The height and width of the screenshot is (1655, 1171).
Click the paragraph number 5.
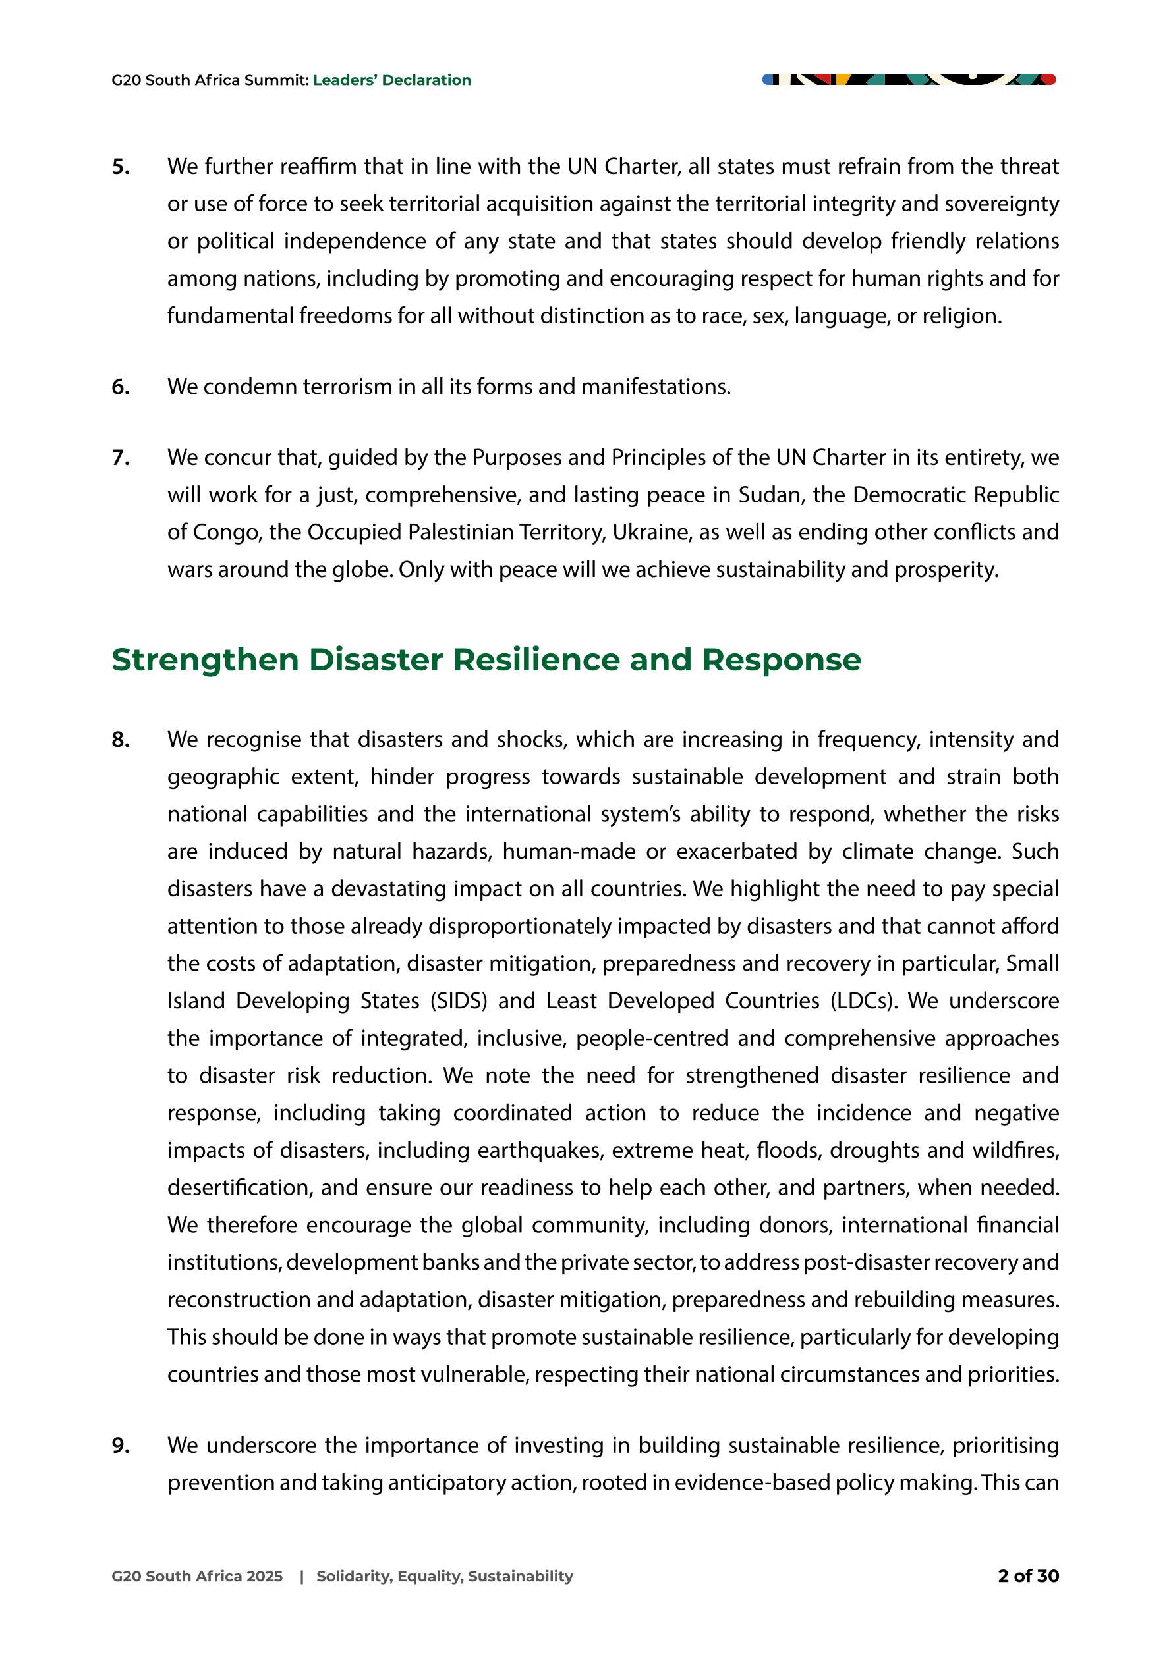click(x=121, y=167)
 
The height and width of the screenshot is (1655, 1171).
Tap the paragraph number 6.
click(x=121, y=387)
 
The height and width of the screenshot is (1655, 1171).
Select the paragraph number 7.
click(x=121, y=458)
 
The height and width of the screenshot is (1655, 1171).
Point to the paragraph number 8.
click(x=121, y=740)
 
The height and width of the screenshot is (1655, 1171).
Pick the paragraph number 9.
click(x=121, y=1445)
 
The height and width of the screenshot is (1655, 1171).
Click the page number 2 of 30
click(x=1027, y=1576)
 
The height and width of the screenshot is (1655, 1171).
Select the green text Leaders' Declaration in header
click(x=391, y=80)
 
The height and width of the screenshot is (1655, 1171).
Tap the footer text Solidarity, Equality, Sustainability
click(x=444, y=1576)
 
